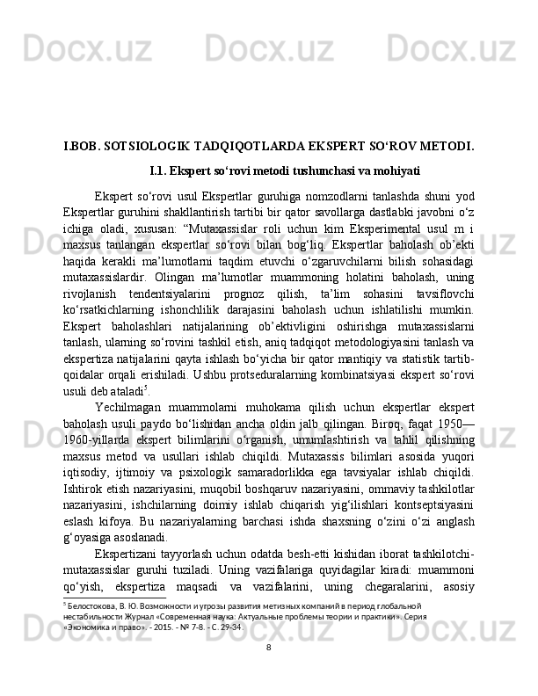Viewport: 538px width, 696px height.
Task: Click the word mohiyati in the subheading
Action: tap(392, 169)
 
